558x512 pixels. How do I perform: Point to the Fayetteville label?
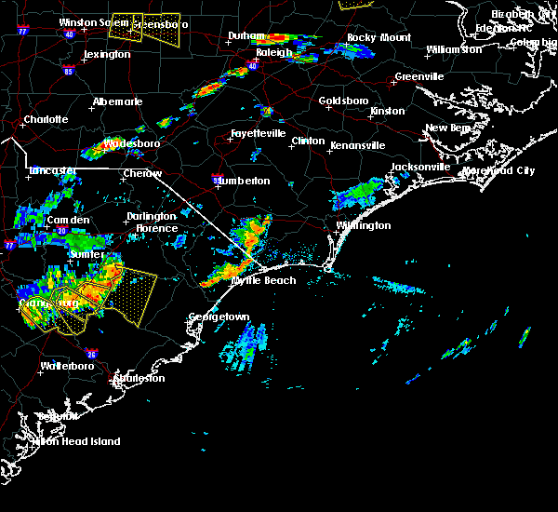[258, 133]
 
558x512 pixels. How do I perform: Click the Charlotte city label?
[46, 119]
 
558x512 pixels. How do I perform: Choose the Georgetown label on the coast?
[219, 317]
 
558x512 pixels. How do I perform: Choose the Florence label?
[155, 228]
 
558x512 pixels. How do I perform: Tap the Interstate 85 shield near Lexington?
[69, 70]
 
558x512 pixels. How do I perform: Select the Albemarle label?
[117, 101]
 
